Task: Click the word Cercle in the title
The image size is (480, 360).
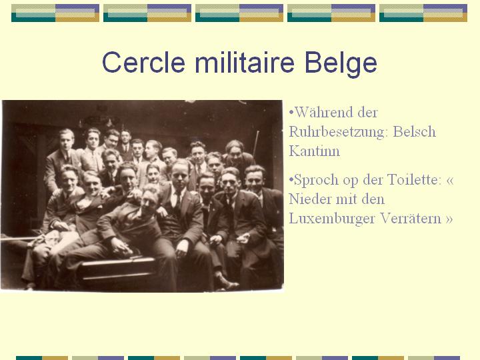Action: (143, 62)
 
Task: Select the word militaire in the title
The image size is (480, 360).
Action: (245, 62)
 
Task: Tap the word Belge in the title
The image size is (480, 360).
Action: (341, 64)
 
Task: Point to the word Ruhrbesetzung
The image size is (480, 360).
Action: (339, 132)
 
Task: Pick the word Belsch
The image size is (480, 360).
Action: (415, 131)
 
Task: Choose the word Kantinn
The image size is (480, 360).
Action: (315, 151)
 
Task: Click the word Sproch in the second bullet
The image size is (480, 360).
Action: (316, 180)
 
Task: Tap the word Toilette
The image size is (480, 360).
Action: (415, 179)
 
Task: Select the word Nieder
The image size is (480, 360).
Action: (309, 199)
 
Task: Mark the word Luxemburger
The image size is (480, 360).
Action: (332, 219)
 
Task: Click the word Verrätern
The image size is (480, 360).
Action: (410, 218)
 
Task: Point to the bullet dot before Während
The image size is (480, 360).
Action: (291, 112)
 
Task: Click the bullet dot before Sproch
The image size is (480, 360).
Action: (291, 179)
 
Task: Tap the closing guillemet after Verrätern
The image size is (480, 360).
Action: (449, 219)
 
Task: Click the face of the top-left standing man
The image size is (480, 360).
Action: (66, 140)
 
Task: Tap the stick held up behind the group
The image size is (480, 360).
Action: (256, 143)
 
